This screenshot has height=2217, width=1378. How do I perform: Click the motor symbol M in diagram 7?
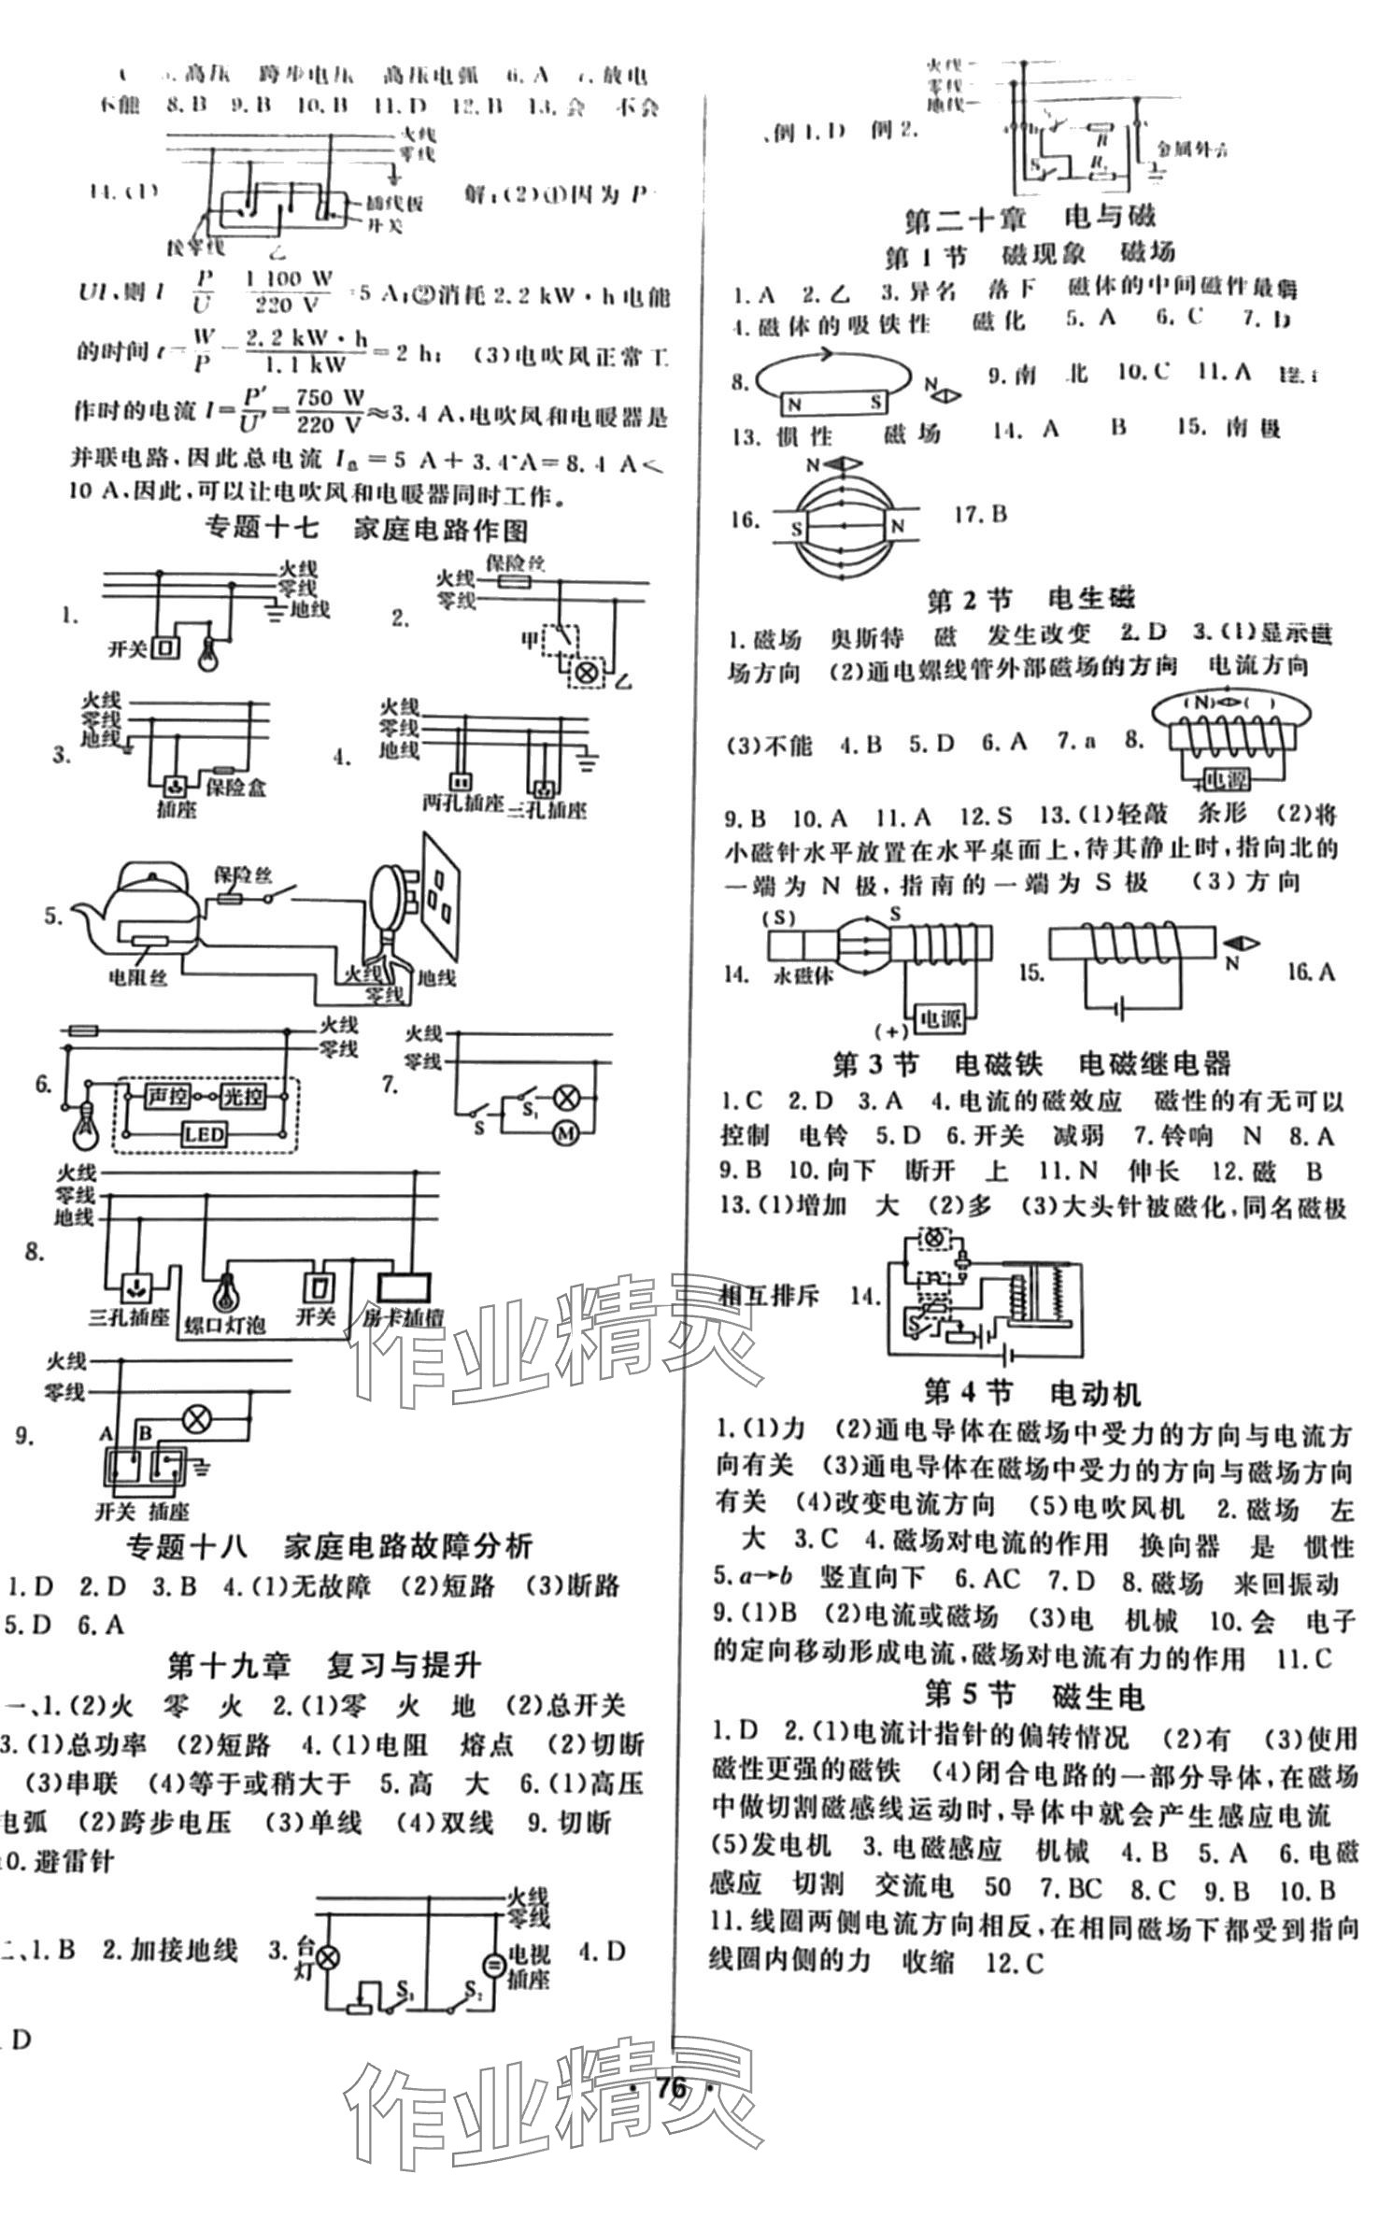[565, 1132]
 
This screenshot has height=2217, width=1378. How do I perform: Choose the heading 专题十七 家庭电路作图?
[366, 530]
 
